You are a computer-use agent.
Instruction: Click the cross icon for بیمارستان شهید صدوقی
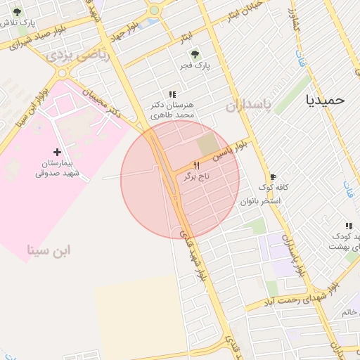pos(58,151)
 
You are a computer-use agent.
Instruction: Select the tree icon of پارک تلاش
pos(17,12)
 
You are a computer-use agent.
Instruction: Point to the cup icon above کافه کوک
pos(273,176)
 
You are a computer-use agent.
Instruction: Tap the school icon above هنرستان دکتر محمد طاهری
pos(172,94)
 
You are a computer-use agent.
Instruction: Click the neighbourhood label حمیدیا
pos(326,100)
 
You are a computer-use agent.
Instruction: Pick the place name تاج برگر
pos(198,176)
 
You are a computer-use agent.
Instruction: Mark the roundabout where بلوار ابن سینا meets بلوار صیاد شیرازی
pos(64,72)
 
